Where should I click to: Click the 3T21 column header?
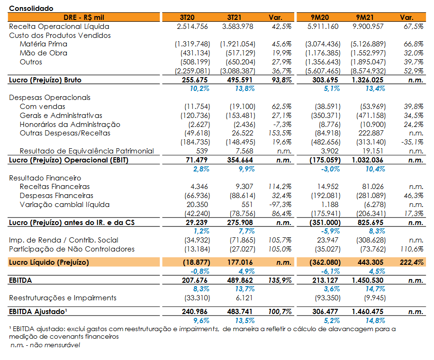pos(234,18)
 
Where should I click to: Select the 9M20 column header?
pos(320,18)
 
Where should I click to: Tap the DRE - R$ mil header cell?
pos(83,18)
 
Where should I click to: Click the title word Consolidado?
pos(31,9)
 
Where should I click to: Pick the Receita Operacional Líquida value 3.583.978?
pos(237,27)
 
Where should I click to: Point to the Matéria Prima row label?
pos(44,44)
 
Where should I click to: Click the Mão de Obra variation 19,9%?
pos(281,53)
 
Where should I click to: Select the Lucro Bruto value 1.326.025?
pos(368,80)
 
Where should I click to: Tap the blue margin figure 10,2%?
pos(199,89)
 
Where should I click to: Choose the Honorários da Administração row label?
pos(70,125)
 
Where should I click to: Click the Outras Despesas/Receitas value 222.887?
pos(371,133)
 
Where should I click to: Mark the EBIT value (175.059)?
pos(325,160)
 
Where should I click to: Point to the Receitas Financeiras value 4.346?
pos(199,187)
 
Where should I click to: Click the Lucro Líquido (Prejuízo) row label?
pos(49,262)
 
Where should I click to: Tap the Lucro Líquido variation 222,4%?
pos(412,262)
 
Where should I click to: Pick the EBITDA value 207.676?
pos(195,280)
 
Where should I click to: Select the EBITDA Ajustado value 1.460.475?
pos(368,312)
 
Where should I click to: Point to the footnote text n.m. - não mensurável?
pos(45,345)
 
